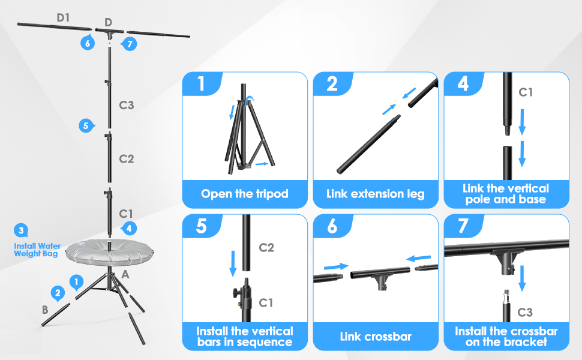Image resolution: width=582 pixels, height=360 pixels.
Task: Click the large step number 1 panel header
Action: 201,84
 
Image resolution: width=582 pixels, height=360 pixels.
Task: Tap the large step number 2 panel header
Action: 332,84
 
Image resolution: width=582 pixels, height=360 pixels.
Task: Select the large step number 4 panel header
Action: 463,84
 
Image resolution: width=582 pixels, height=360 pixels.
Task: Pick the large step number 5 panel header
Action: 201,226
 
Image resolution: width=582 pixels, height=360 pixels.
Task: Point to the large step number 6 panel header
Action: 332,226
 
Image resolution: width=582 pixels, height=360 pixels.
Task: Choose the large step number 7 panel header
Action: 463,226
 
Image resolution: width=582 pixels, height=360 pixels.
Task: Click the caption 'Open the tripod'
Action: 245,194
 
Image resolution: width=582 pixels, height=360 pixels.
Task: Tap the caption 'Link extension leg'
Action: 375,194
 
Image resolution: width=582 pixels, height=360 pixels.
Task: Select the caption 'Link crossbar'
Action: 375,337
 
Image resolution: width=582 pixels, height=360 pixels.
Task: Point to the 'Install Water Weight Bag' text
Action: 37,250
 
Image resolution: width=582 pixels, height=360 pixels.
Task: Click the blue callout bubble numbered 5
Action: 86,125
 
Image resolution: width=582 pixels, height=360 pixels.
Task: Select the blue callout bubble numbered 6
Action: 88,43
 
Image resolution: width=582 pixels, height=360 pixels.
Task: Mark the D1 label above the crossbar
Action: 64,17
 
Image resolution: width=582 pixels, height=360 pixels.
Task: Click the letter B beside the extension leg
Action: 44,310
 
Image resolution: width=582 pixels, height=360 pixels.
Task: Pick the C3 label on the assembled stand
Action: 126,106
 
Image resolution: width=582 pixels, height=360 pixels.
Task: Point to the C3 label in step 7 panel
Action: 524,312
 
